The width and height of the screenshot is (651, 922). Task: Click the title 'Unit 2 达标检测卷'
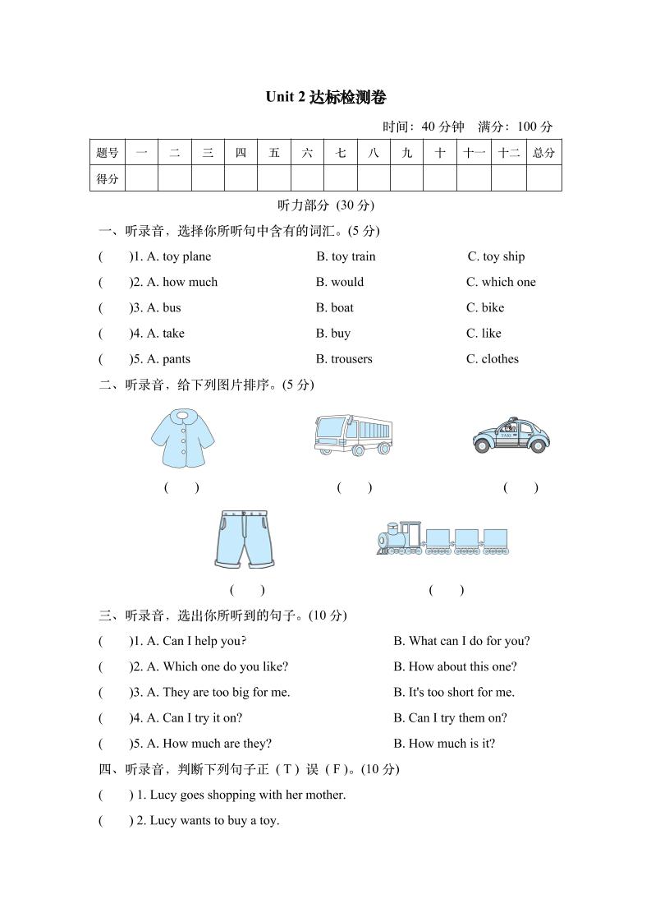[x=325, y=97]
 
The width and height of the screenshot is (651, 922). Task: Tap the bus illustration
[x=353, y=436]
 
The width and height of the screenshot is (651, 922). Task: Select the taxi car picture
[x=510, y=436]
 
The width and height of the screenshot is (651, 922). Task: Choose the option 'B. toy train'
[x=346, y=256]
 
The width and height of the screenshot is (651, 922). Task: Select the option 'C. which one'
[x=501, y=282]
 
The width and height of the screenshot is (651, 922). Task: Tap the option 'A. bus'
[x=163, y=307]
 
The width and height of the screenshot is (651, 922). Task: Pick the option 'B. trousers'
[x=344, y=359]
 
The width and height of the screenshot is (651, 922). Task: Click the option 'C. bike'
[x=485, y=307]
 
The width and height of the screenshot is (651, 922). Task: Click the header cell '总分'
[x=543, y=153]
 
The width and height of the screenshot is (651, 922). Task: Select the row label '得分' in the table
[x=108, y=178]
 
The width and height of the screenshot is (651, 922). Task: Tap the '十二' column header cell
[x=509, y=153]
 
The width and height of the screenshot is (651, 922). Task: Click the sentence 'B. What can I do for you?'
[x=461, y=641]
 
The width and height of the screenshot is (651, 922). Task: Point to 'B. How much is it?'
[x=444, y=744]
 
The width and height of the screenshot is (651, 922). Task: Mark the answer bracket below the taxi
[x=520, y=487]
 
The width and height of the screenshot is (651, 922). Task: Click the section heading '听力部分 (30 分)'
[x=326, y=205]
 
